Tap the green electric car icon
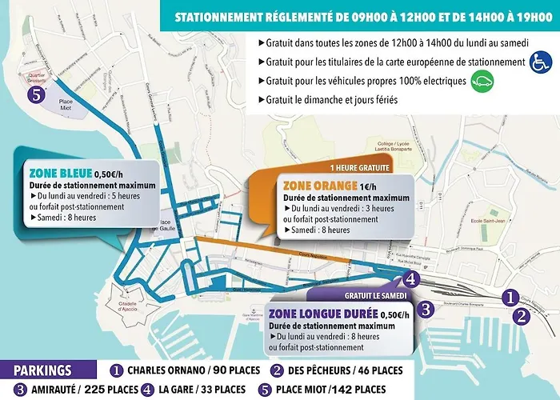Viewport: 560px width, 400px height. (481, 80)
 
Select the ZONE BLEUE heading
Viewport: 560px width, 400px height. (58, 172)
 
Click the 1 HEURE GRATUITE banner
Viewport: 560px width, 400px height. (359, 168)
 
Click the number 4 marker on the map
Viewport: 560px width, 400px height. (410, 279)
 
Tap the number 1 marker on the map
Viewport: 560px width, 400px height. (509, 298)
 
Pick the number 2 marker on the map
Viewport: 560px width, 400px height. (522, 315)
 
